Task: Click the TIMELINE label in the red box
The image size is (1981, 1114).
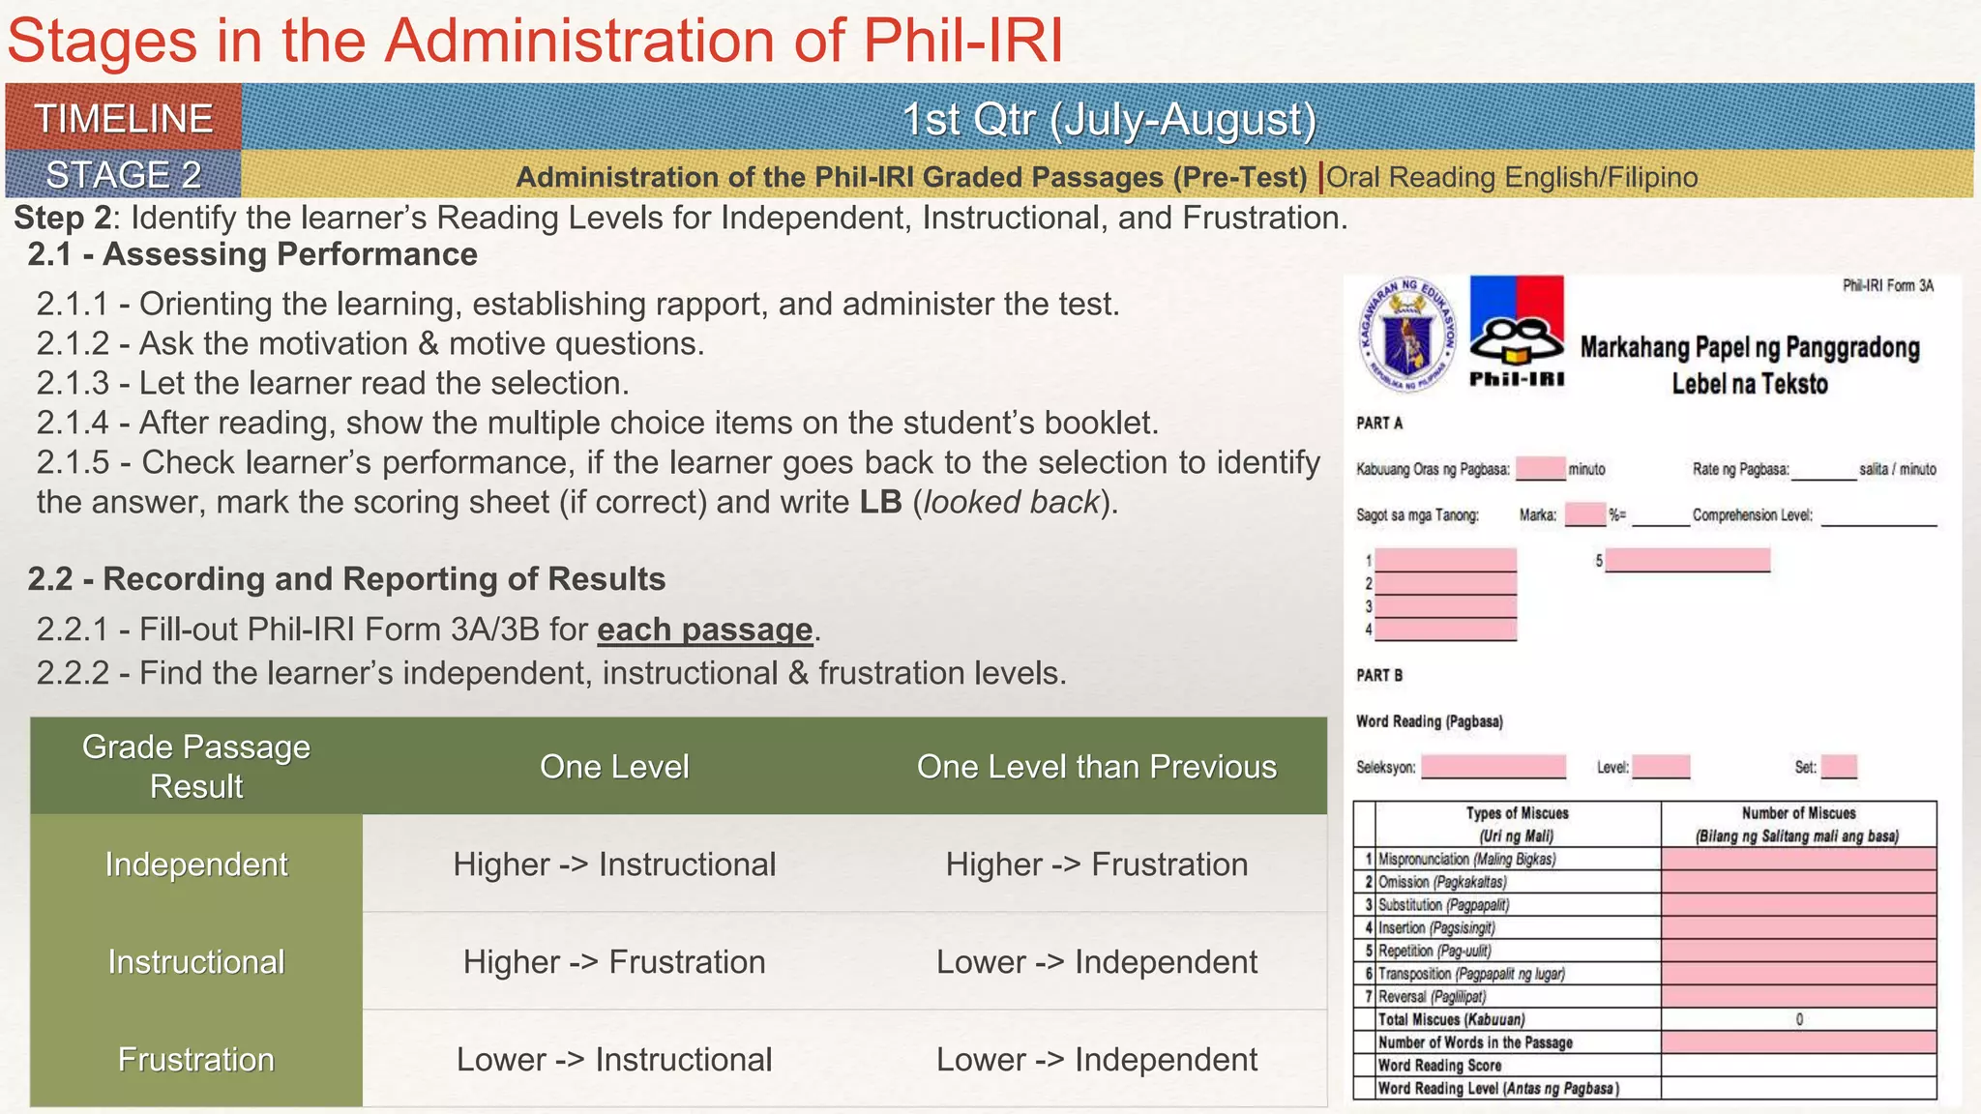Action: (124, 119)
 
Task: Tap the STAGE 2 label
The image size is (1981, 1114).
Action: (124, 175)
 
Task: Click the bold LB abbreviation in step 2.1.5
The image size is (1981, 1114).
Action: (880, 502)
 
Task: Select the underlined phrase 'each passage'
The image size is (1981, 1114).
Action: (704, 630)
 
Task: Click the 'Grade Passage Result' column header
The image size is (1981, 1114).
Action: (196, 766)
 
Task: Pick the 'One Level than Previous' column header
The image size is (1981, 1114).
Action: (1096, 767)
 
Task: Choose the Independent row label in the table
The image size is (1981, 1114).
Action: (196, 864)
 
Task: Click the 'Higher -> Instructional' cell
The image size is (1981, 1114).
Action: (614, 864)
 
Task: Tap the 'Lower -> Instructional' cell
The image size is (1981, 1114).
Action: (614, 1059)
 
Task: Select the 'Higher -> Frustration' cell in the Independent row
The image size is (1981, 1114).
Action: (1096, 864)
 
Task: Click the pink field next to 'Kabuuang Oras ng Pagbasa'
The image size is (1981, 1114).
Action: (1540, 469)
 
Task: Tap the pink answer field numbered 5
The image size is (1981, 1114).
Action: (1687, 560)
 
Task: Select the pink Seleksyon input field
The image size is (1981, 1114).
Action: (1493, 767)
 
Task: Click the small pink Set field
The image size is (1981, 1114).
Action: (1839, 767)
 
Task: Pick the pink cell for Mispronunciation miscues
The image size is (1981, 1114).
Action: (1798, 859)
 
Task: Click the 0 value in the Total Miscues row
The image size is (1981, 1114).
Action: (1798, 1019)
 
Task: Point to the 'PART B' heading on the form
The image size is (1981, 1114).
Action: (1379, 675)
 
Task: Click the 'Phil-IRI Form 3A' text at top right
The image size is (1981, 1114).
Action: (1887, 285)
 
